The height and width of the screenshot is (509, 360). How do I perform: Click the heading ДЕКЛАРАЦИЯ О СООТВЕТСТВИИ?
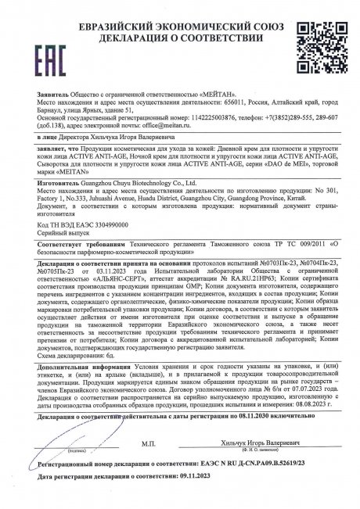180,23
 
